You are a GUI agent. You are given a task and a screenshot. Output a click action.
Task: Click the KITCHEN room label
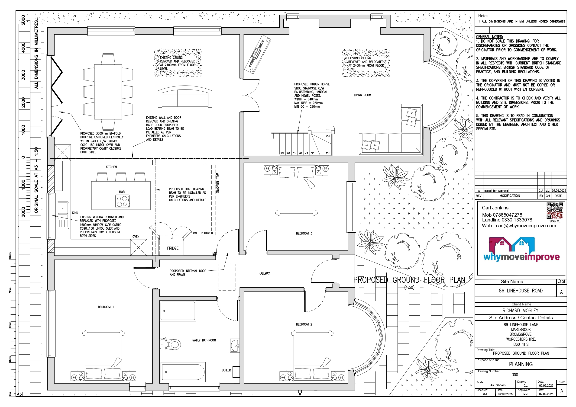pyautogui.click(x=111, y=167)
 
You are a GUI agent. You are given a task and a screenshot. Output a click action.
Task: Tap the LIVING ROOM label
pyautogui.click(x=362, y=95)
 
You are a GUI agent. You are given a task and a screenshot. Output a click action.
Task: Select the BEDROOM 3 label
pyautogui.click(x=304, y=234)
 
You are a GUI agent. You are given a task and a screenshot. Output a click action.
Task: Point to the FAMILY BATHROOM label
pyautogui.click(x=204, y=340)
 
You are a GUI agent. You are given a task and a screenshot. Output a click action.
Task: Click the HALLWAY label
pyautogui.click(x=264, y=273)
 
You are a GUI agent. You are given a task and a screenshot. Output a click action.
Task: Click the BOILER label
pyautogui.click(x=226, y=370)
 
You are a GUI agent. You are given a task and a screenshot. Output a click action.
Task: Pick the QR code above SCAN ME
pyautogui.click(x=555, y=211)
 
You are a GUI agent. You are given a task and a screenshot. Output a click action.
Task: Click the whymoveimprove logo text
pyautogui.click(x=521, y=257)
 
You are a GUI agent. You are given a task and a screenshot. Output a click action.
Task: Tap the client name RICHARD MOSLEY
pyautogui.click(x=521, y=311)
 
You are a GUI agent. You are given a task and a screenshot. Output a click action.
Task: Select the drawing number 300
pyautogui.click(x=515, y=375)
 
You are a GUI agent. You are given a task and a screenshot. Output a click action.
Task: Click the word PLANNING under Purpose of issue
pyautogui.click(x=521, y=364)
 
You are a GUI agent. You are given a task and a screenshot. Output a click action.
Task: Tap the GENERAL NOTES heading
pyautogui.click(x=489, y=37)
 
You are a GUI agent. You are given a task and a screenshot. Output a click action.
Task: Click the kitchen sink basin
pyautogui.click(x=63, y=208)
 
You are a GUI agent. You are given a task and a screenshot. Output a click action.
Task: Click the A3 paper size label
pyautogui.click(x=19, y=394)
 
